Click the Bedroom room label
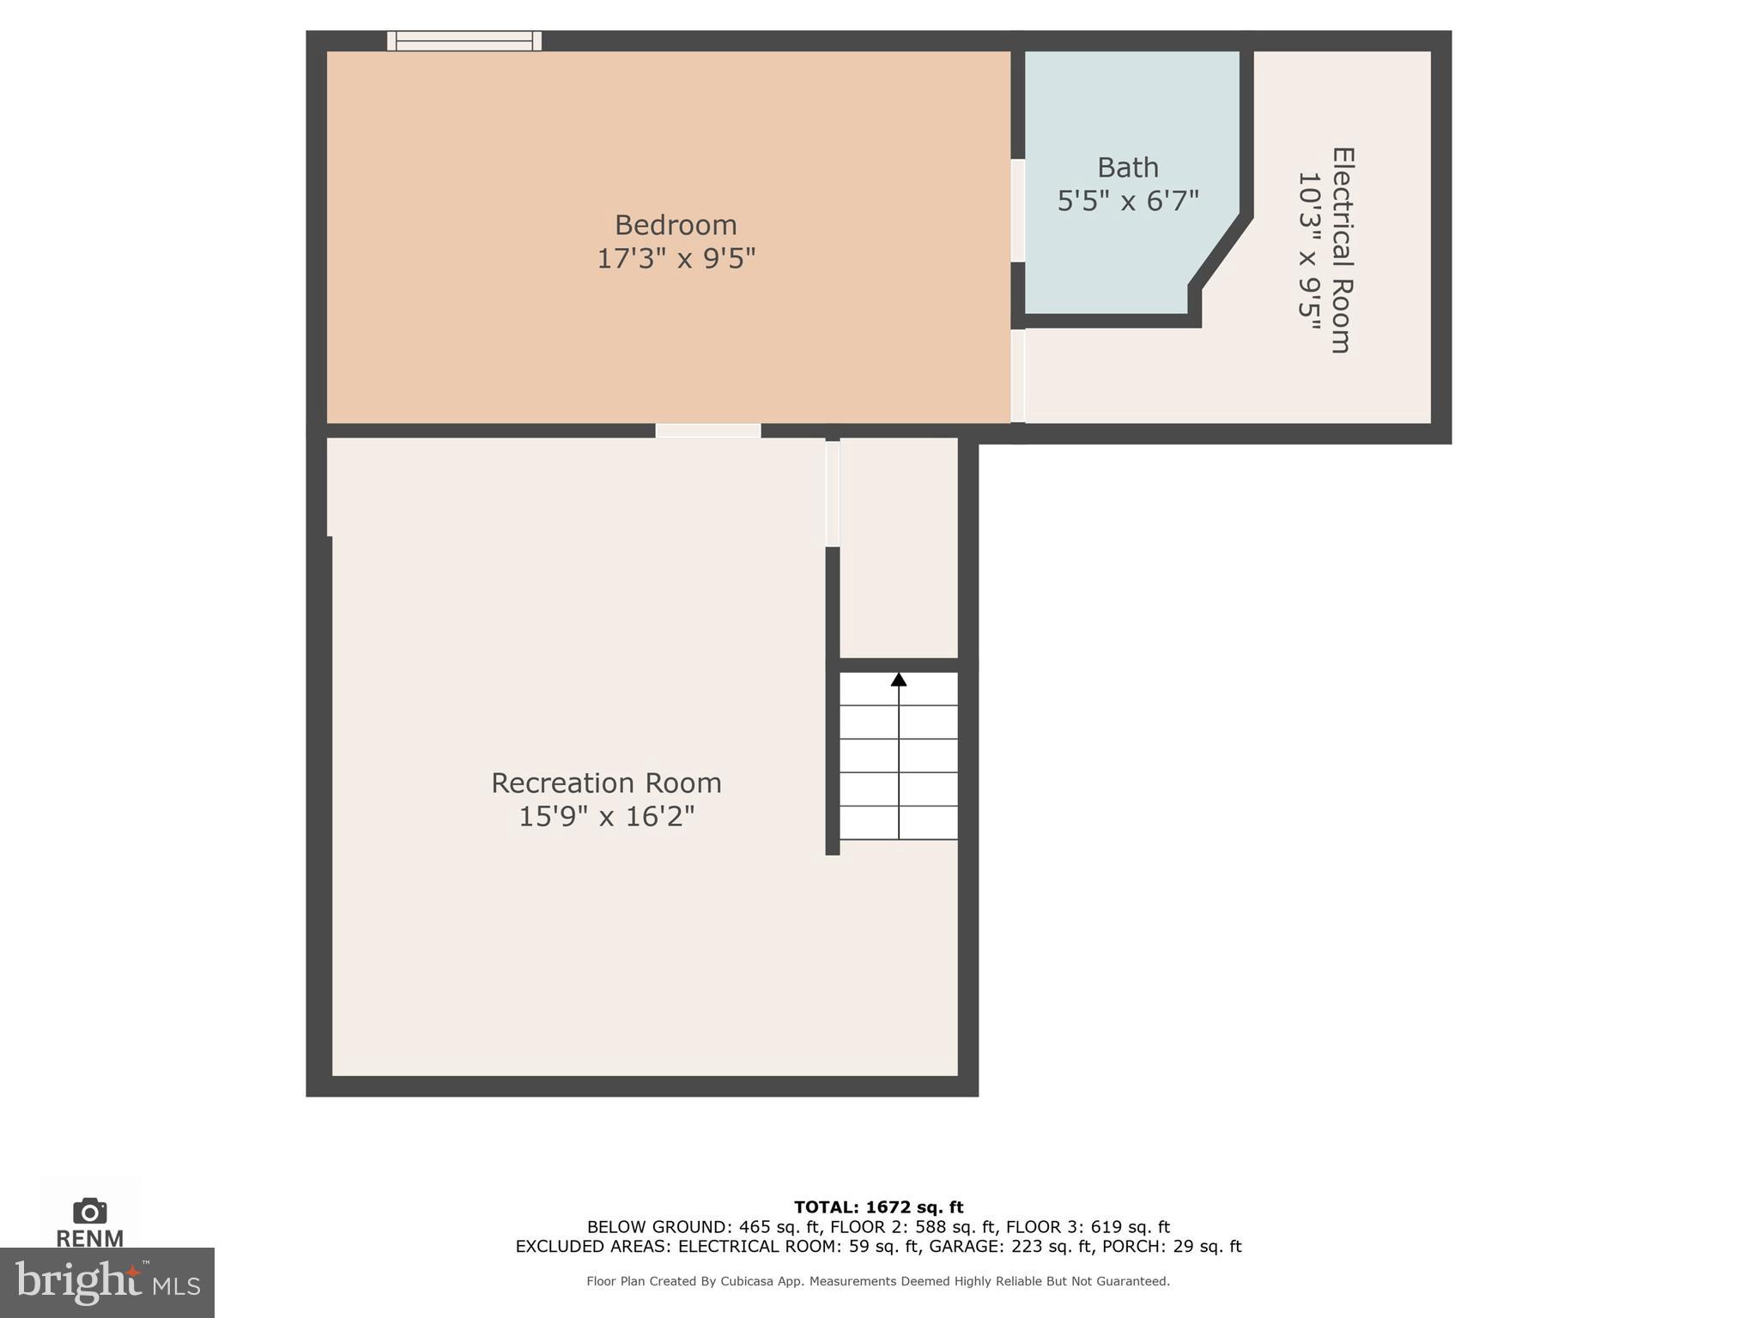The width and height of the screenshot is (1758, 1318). click(676, 225)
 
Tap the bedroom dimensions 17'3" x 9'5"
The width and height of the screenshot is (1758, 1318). click(676, 258)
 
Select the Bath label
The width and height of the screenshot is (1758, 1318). click(1127, 167)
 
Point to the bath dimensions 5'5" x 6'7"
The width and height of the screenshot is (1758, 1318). click(1127, 202)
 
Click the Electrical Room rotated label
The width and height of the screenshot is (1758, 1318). click(1341, 250)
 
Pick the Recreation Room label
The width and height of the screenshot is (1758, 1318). click(606, 783)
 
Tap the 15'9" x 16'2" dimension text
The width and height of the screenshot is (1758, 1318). click(606, 816)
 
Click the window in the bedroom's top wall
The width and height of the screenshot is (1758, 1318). click(464, 40)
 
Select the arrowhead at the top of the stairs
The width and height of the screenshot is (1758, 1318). click(899, 680)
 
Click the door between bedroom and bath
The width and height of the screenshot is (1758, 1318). click(1017, 210)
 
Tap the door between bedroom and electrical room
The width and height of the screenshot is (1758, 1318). click(1017, 376)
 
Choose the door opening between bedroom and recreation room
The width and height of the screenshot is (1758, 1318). click(708, 431)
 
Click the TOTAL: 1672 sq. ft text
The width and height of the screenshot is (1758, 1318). click(878, 1207)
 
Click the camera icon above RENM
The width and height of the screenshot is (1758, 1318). click(89, 1211)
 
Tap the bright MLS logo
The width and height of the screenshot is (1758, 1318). click(106, 1283)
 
